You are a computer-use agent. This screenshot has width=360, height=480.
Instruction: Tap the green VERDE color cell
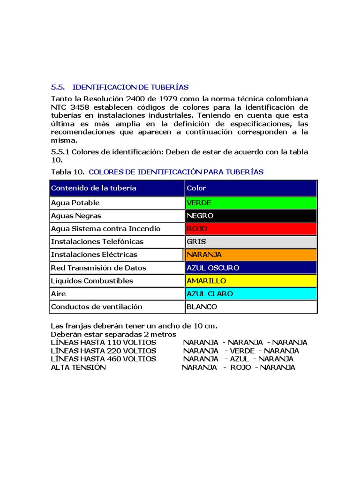[251, 203]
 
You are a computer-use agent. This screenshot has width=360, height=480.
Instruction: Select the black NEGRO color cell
[251, 216]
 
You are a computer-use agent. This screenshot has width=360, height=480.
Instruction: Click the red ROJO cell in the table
[251, 229]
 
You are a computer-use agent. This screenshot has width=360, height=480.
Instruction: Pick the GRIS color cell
[251, 241]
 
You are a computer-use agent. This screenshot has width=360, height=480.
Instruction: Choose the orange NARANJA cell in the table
[251, 255]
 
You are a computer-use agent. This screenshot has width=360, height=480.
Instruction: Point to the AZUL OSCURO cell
[251, 268]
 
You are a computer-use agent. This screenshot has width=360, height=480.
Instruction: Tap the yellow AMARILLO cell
[251, 281]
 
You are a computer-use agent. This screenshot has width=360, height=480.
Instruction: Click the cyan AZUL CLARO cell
[251, 294]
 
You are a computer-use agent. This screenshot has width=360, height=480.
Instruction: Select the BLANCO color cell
[251, 307]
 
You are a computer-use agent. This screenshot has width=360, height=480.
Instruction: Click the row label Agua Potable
[75, 203]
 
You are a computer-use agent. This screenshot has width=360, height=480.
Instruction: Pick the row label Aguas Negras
[76, 216]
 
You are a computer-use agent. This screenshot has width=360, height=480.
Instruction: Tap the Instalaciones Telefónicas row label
[97, 241]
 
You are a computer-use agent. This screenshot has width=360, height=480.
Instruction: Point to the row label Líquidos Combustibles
[92, 281]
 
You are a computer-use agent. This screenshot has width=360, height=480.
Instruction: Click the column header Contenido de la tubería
[94, 188]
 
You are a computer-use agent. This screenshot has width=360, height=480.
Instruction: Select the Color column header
[196, 188]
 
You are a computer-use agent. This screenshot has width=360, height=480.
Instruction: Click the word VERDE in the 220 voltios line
[242, 351]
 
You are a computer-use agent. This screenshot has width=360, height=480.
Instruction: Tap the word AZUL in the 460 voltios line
[240, 359]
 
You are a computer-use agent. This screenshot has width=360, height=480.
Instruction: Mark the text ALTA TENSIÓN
[78, 367]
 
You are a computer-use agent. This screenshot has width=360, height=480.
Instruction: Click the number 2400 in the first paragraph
[136, 99]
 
